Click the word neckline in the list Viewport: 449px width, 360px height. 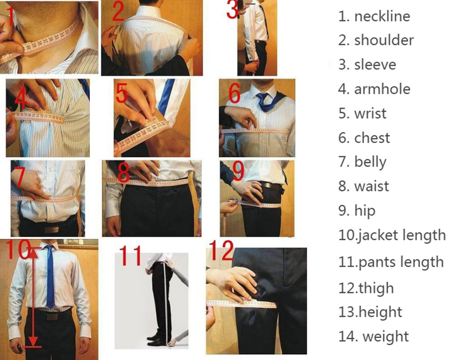point(382,16)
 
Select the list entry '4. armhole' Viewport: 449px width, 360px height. point(374,89)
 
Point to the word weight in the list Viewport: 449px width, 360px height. point(385,336)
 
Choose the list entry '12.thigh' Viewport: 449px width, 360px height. point(365,288)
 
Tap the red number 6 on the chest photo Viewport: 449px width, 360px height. point(235,93)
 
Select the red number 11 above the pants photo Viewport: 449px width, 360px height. point(130,256)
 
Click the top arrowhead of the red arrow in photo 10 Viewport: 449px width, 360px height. point(33,252)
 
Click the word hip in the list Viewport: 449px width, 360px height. point(365,210)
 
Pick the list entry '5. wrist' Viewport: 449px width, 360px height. point(362,113)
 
